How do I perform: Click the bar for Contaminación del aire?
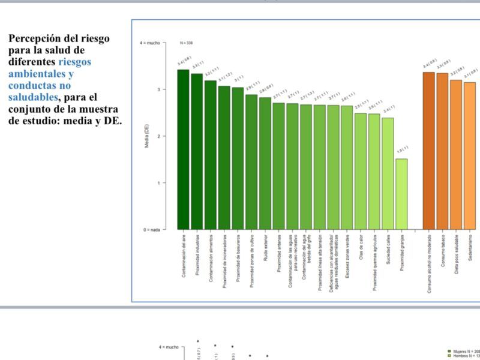(183, 150)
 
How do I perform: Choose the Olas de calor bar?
(361, 171)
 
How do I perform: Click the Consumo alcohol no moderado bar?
(428, 151)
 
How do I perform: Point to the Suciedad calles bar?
(388, 173)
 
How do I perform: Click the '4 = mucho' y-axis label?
(150, 43)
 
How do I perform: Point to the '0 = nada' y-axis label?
(151, 230)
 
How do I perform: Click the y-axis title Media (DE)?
(147, 136)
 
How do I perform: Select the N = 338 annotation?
(186, 43)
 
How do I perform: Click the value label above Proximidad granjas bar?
(402, 149)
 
